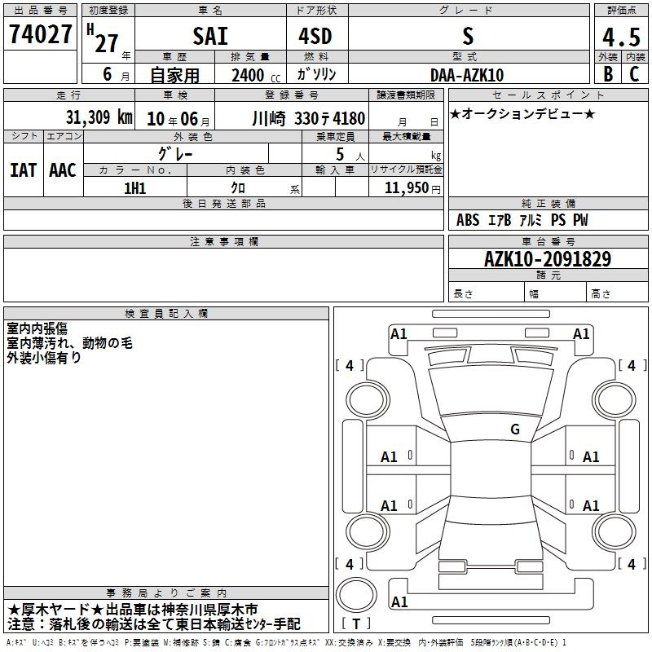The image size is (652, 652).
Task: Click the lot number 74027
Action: [40, 34]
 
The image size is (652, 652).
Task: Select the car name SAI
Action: [210, 36]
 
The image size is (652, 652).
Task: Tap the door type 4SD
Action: [315, 36]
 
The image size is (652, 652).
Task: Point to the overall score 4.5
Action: [621, 37]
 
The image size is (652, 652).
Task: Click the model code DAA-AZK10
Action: [467, 75]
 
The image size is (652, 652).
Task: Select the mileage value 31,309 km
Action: [99, 117]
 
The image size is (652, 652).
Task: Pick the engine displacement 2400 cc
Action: [256, 76]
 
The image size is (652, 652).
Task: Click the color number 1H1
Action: [135, 188]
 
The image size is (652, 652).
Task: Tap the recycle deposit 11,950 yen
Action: [412, 188]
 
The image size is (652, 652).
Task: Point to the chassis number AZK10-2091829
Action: [548, 259]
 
